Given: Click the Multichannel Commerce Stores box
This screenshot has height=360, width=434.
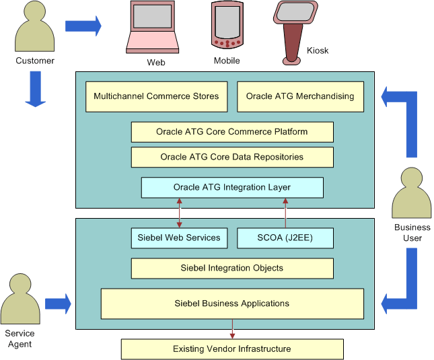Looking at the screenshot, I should (156, 96).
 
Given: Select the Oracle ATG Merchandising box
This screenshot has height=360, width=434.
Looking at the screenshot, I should (300, 96).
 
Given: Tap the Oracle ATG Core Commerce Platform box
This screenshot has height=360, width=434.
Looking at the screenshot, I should (232, 132).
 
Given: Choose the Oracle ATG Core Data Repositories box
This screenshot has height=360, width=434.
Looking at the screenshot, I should (232, 157).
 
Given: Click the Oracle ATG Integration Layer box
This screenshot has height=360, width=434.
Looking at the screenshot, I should (232, 187).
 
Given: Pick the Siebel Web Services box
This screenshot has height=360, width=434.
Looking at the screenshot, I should (179, 238).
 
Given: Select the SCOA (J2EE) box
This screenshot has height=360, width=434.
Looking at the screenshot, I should (285, 238).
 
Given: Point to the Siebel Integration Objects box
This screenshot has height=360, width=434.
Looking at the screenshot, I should (232, 268).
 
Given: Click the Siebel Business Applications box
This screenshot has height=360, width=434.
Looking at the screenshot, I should (232, 303).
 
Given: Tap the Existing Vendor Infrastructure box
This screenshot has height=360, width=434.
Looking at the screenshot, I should (232, 349).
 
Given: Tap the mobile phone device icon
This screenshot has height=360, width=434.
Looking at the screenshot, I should (227, 25).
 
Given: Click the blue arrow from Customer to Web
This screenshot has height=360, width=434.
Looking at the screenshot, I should (83, 26).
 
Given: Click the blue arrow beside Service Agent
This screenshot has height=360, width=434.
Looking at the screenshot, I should (58, 303).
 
